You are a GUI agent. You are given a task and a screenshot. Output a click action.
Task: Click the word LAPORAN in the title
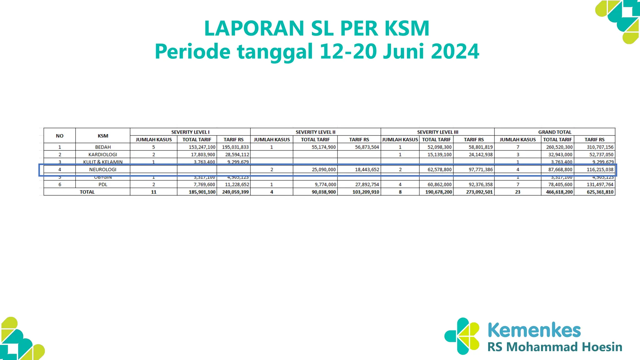[254, 28]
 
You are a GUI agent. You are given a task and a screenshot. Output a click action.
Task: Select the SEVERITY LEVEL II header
[315, 132]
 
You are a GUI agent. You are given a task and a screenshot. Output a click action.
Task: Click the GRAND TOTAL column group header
[554, 132]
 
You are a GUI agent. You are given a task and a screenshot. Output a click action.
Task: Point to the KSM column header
[103, 136]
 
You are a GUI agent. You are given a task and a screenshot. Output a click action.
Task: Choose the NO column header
[59, 136]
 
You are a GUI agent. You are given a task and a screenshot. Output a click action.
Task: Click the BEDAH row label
[103, 147]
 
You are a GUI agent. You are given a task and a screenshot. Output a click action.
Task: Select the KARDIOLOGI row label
[103, 155]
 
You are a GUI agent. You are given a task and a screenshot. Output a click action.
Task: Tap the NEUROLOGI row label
[103, 170]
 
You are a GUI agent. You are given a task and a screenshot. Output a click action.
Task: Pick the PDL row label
[103, 185]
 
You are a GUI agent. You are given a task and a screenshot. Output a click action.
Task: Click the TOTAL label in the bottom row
[87, 192]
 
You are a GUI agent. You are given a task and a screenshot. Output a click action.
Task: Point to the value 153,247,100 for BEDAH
[202, 147]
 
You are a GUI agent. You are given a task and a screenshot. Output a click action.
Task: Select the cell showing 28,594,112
[237, 155]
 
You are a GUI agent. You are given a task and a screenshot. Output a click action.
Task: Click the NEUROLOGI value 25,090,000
[323, 170]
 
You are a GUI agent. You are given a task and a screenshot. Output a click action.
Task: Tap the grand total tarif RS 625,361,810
[600, 192]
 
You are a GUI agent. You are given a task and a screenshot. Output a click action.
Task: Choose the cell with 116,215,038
[600, 170]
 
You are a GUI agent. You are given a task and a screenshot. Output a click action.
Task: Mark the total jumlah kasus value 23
[517, 192]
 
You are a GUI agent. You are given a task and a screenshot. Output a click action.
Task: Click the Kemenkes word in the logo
[534, 330]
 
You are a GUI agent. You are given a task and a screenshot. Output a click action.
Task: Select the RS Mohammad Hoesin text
[555, 347]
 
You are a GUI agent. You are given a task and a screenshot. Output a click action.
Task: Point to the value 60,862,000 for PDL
[439, 185]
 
